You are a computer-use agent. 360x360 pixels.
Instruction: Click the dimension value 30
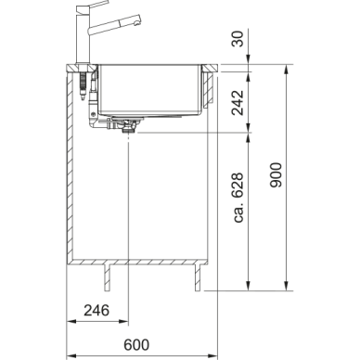238,38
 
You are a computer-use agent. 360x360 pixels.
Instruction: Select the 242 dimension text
238,102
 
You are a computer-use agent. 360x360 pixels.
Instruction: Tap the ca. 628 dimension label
238,198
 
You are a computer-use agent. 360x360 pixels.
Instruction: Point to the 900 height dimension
276,174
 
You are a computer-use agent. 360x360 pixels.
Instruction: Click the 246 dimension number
96,310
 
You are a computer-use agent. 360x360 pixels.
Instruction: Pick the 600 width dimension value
136,345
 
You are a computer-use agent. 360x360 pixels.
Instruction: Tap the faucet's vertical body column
83,37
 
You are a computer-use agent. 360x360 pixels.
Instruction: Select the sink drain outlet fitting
127,126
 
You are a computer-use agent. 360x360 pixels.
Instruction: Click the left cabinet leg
108,277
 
